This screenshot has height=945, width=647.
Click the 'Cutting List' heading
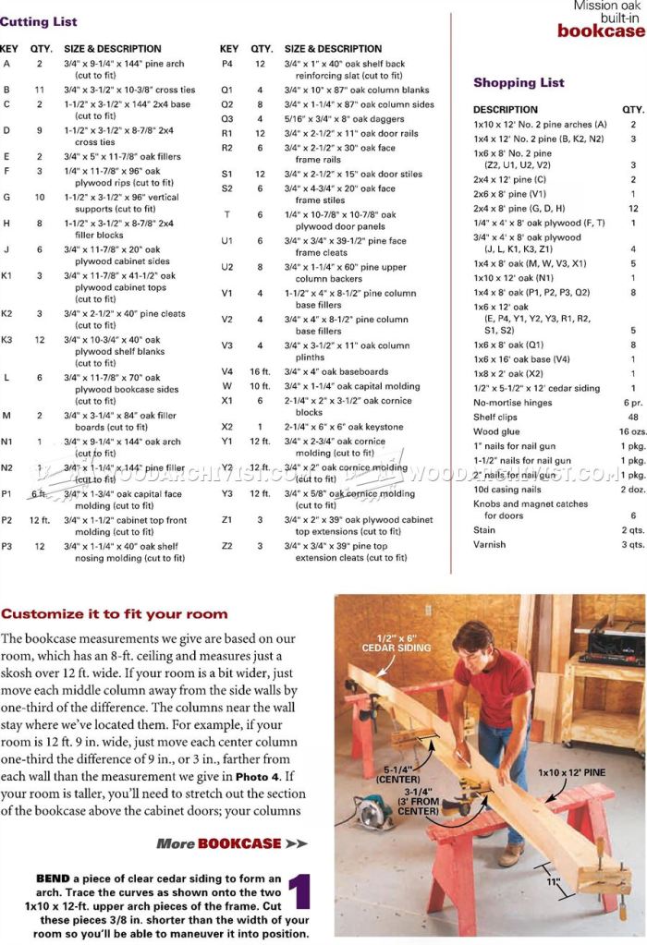(39, 21)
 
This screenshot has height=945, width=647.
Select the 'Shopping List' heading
(519, 82)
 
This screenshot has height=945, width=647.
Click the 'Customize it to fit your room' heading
(114, 613)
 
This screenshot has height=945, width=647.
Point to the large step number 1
(298, 892)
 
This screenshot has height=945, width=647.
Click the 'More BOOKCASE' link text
(231, 843)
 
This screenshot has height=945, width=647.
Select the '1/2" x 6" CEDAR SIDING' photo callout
(404, 642)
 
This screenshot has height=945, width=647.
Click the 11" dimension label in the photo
(553, 881)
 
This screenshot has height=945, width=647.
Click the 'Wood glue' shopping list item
(496, 431)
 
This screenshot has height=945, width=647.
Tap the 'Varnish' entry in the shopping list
(490, 544)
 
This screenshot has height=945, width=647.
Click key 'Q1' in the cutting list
(226, 90)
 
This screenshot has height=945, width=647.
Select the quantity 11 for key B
(40, 90)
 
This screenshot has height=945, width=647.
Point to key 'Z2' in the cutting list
(226, 546)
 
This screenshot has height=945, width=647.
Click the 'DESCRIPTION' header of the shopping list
(505, 109)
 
